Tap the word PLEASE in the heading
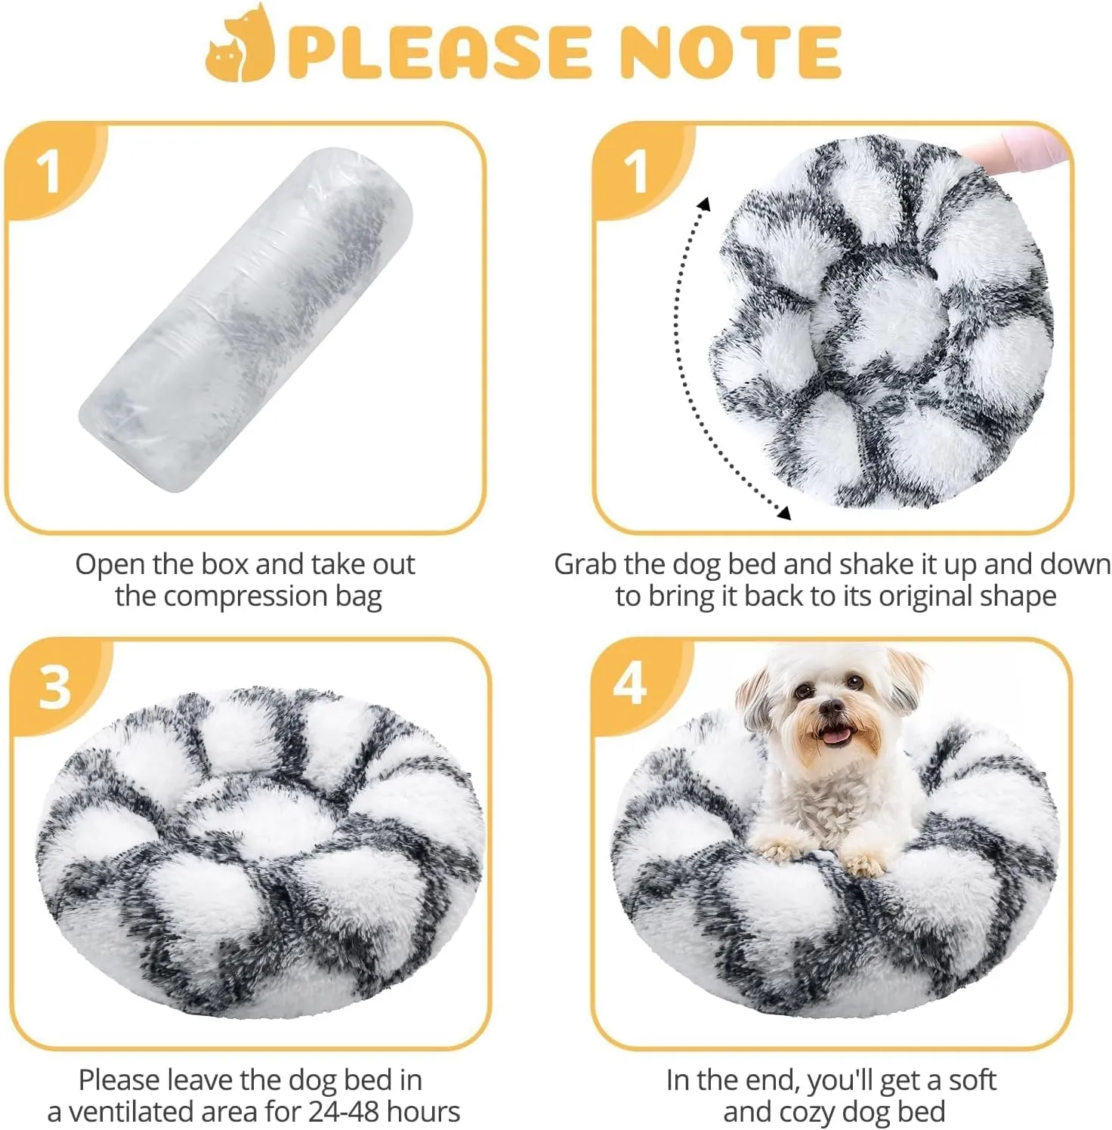point(439,51)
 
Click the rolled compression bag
point(247,320)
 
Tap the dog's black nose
point(831,708)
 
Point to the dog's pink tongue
point(835,734)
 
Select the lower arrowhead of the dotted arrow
point(783,513)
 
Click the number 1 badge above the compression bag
point(48,171)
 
